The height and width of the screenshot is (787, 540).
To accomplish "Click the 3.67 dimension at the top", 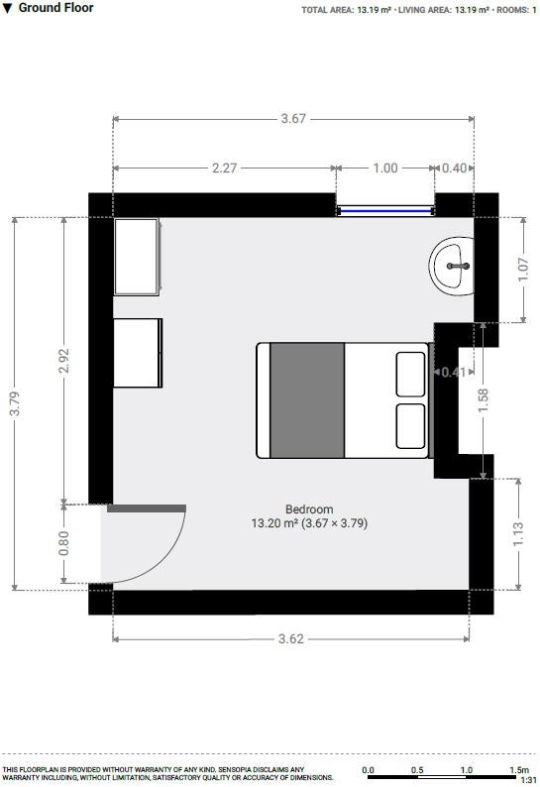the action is click(293, 119).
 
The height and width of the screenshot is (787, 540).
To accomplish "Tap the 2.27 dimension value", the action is click(224, 168).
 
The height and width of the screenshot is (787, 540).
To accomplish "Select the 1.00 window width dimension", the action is click(384, 168).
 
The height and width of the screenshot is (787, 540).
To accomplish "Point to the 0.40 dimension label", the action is click(454, 168).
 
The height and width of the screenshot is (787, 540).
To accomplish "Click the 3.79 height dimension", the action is click(15, 403).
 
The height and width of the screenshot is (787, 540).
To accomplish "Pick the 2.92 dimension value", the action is click(63, 361).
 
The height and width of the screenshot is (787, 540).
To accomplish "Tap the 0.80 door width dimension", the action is click(63, 543).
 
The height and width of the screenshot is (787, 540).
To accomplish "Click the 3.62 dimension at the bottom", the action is click(291, 638).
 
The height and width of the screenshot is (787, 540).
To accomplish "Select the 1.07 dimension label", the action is click(523, 270).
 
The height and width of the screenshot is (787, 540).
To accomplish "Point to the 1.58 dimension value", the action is click(484, 400).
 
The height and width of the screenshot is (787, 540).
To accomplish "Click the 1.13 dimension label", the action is click(518, 534).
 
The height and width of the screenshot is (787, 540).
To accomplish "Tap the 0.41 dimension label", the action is click(453, 372).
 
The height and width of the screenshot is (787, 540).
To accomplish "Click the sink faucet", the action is click(458, 266).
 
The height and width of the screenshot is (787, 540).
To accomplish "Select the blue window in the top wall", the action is click(385, 211).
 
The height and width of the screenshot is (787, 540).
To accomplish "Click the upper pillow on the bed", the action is click(410, 375).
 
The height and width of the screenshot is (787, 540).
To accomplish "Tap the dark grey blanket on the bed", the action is click(307, 400).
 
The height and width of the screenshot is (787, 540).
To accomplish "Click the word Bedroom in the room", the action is click(309, 508).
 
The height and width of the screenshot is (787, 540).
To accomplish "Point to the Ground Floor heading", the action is click(55, 8).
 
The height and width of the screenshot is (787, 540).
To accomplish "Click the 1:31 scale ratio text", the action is click(528, 780).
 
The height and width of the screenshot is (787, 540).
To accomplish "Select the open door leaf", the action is click(147, 508).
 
